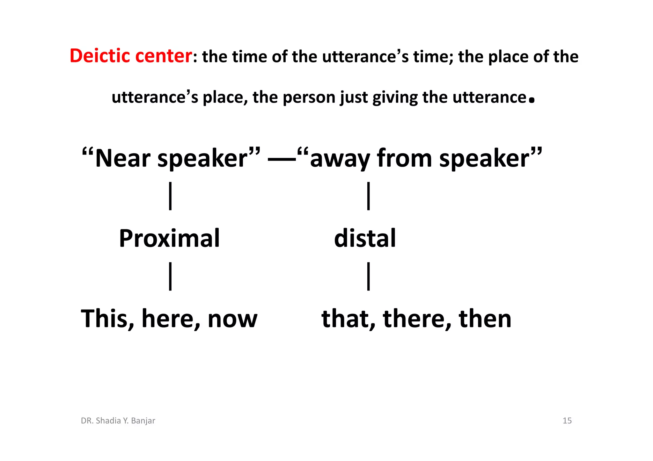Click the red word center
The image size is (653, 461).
pos(163,56)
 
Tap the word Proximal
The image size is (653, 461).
pos(169,238)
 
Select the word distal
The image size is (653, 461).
pos(365,238)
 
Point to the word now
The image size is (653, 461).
pos(232,319)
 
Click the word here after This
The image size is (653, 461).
pos(167,319)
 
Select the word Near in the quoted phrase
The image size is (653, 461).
pos(123,158)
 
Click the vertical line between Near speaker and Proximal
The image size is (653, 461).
pos(170,196)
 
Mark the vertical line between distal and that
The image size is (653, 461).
pos(369,276)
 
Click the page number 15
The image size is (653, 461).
pos(567,421)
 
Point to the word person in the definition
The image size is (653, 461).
pos(309,97)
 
